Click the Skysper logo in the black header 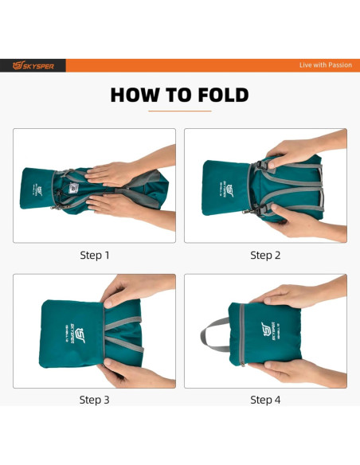click(x=33, y=65)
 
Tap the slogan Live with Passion click(x=325, y=65)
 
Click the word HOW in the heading click(x=135, y=95)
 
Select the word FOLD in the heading click(x=223, y=95)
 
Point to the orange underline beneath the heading click(x=180, y=111)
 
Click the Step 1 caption click(x=95, y=256)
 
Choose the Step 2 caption click(x=265, y=256)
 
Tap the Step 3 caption click(x=94, y=400)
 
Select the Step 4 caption click(x=265, y=400)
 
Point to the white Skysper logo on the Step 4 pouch click(x=269, y=331)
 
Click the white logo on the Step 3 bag click(x=76, y=334)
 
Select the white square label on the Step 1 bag click(x=73, y=187)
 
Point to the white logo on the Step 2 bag click(x=228, y=190)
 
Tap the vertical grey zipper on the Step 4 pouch click(x=242, y=334)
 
